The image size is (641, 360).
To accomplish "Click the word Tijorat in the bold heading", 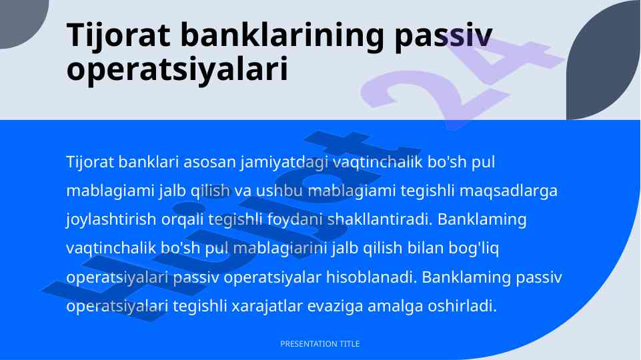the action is (x=119, y=36).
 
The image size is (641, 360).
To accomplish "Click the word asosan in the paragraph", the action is (x=209, y=162).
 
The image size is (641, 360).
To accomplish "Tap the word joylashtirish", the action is (x=111, y=220).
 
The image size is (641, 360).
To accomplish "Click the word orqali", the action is (x=182, y=220).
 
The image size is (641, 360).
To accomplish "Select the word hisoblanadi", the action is (x=371, y=277).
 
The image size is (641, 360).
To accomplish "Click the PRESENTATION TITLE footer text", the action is (x=320, y=344).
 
